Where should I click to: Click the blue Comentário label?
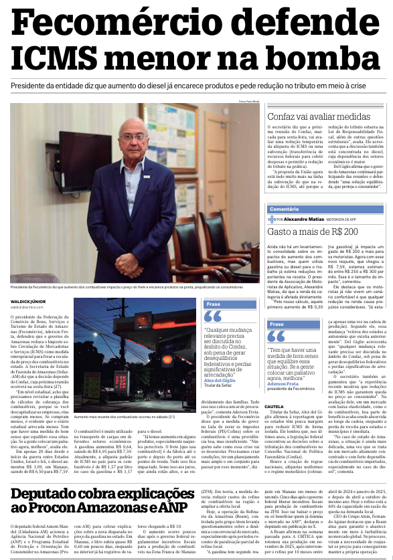[x=284, y=209]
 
